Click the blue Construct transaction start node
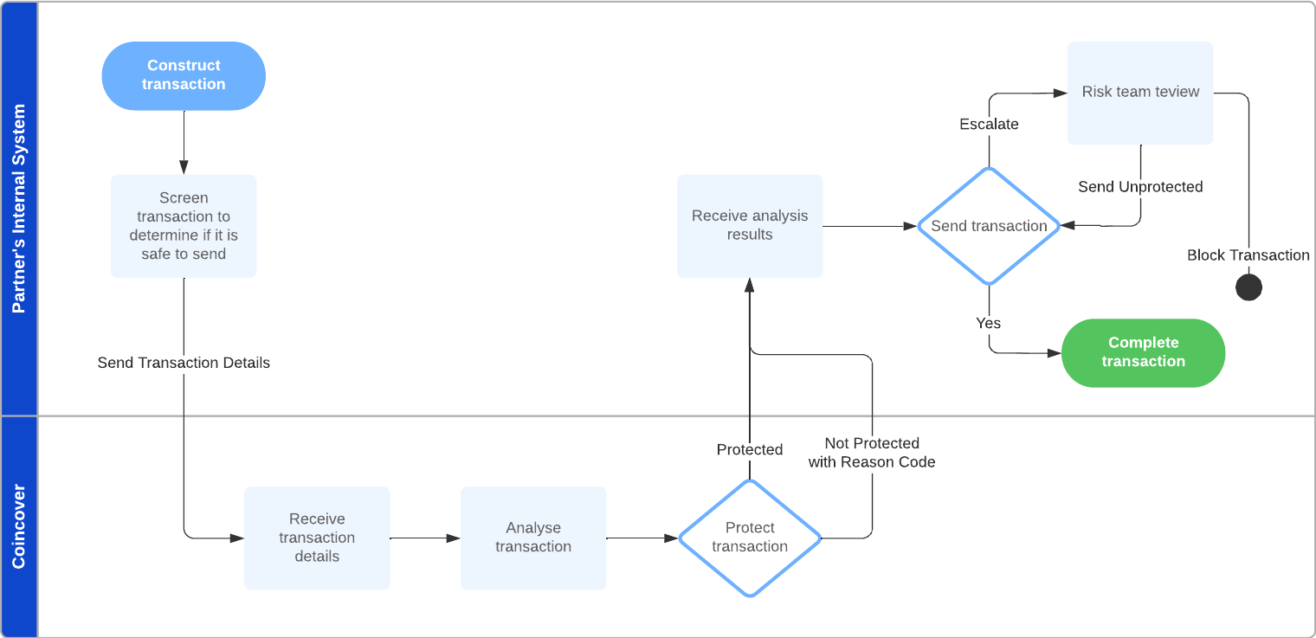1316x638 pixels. click(x=184, y=75)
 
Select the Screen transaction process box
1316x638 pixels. click(x=184, y=225)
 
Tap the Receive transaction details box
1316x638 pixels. click(x=317, y=538)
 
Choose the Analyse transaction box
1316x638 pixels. click(x=533, y=538)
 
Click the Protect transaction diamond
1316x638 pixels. click(x=750, y=538)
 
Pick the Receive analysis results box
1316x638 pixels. click(x=750, y=225)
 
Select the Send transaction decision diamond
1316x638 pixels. click(x=989, y=226)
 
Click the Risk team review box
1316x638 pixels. click(x=1140, y=93)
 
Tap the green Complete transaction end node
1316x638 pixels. click(x=1143, y=352)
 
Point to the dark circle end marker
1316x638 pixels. click(x=1248, y=287)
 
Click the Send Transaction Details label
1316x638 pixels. click(x=184, y=363)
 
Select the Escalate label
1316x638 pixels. click(x=989, y=125)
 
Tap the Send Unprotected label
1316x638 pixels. click(x=1140, y=187)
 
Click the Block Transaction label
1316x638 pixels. click(x=1248, y=255)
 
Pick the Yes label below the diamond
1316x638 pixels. click(x=988, y=323)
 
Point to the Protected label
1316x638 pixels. click(x=750, y=449)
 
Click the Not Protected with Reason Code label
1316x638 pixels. click(x=872, y=453)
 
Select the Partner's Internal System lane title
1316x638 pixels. click(x=18, y=208)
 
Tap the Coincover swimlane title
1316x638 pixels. click(x=18, y=526)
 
